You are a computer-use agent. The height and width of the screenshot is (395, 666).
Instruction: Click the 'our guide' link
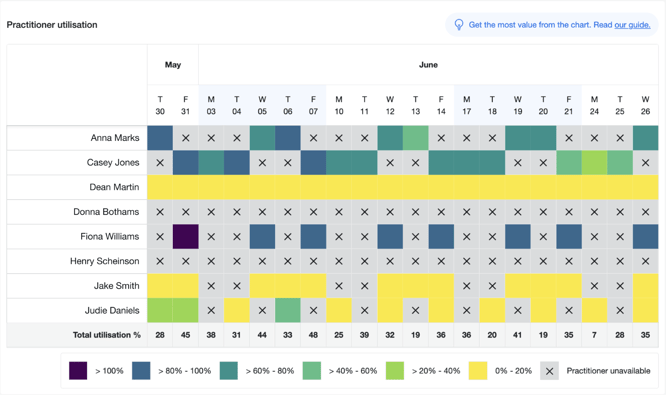click(632, 25)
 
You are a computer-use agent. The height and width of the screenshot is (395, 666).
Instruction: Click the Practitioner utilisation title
click(52, 25)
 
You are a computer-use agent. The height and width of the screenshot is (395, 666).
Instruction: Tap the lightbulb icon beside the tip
click(459, 25)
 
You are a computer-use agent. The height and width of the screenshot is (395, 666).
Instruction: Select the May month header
click(173, 65)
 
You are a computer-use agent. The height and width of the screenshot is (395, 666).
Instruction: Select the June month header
click(428, 65)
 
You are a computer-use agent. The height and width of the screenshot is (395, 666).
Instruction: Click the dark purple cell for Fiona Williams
click(186, 237)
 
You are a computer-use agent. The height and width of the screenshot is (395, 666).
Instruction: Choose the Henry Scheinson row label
click(105, 262)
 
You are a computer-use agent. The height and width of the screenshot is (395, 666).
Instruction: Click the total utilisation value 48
click(314, 335)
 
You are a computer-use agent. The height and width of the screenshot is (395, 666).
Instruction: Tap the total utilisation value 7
click(594, 335)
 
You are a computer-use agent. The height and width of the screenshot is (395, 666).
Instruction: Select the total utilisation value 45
click(186, 335)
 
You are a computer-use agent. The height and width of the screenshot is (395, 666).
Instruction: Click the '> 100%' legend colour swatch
click(78, 370)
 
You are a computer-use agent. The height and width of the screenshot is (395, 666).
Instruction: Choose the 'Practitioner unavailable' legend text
click(608, 370)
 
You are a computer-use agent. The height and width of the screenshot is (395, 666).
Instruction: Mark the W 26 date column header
click(646, 105)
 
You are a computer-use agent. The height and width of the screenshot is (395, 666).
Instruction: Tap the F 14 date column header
click(441, 105)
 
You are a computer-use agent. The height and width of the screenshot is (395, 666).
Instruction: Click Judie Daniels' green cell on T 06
click(288, 311)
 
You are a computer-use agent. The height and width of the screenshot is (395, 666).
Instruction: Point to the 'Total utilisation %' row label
click(106, 335)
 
